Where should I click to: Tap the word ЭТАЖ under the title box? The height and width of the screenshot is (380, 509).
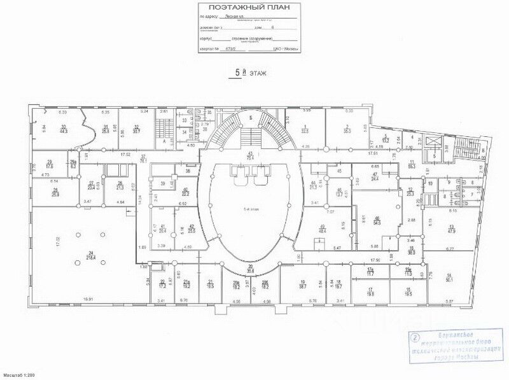tap(258, 74)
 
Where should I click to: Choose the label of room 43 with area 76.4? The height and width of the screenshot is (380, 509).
tap(251, 156)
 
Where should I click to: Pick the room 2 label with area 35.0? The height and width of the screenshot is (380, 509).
tap(347, 129)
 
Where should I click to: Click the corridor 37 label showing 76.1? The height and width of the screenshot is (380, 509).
tap(144, 159)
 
